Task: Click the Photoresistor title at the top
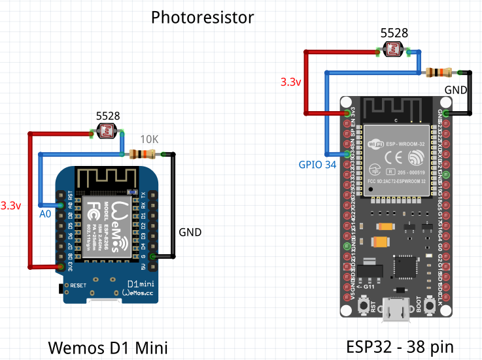point(202,17)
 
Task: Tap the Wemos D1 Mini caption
point(107,348)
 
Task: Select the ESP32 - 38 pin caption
point(400,346)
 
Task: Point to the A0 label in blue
point(44,214)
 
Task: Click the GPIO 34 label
point(317,165)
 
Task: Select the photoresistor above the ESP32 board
point(394,50)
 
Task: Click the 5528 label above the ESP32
point(394,33)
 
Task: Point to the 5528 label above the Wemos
point(108,116)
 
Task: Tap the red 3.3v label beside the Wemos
point(11,205)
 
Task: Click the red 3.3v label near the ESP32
point(290,82)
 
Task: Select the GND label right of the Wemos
point(190,232)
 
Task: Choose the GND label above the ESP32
point(456,89)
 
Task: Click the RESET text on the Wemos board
point(78,286)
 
